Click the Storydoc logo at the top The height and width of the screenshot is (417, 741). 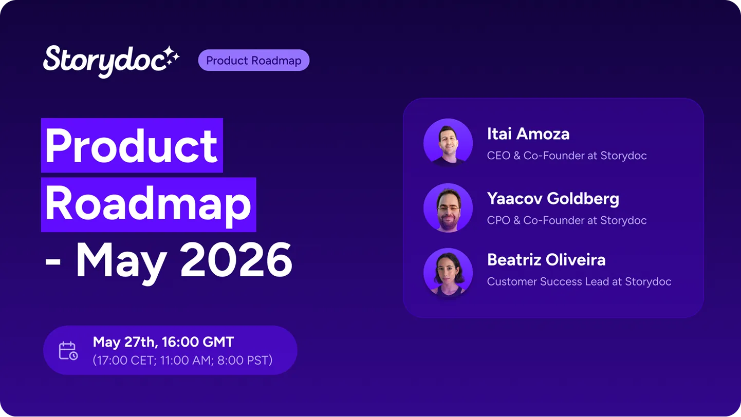tap(111, 62)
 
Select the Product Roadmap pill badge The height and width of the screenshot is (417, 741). tap(254, 60)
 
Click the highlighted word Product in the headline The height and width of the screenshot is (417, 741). tap(132, 145)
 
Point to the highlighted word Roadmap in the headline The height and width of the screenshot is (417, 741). tap(149, 204)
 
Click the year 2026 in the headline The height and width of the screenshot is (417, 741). tap(236, 259)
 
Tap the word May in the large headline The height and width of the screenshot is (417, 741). tap(121, 263)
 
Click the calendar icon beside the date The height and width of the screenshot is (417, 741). tap(68, 351)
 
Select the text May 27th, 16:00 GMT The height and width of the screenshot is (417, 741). tap(163, 342)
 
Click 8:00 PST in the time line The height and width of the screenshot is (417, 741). tap(243, 360)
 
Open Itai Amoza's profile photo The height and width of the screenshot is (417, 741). tap(448, 143)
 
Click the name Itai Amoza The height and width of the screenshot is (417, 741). tap(528, 134)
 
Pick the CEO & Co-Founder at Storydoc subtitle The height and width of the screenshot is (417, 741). tap(567, 156)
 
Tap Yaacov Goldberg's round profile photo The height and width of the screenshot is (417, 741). tap(448, 207)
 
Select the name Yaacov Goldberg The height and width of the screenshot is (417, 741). tap(553, 199)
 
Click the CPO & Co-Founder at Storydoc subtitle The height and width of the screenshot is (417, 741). tap(567, 220)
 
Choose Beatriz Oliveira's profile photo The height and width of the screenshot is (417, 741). tap(448, 272)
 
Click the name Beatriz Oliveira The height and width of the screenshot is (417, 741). tap(546, 260)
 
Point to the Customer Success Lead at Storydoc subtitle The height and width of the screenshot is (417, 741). tap(579, 281)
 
